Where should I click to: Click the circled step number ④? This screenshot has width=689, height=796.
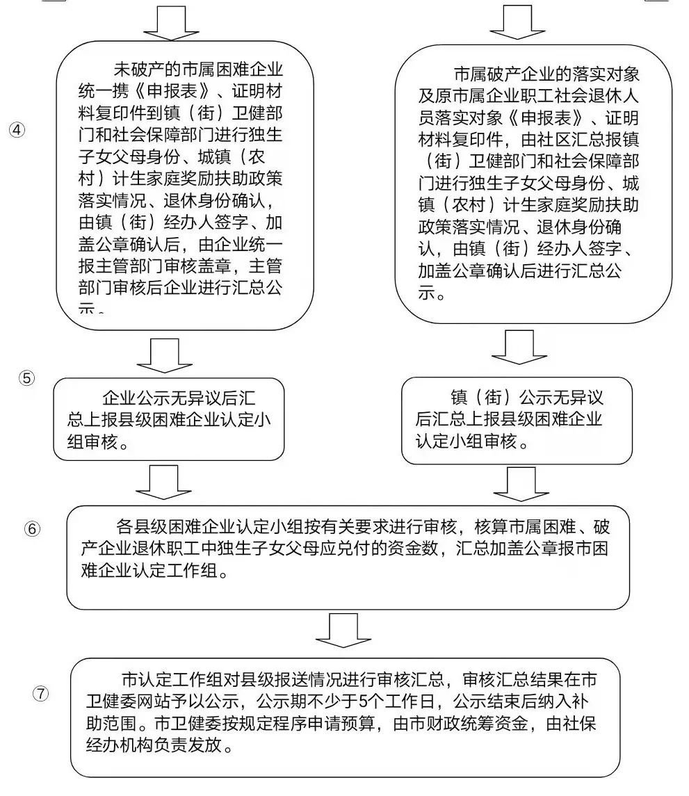point(16,131)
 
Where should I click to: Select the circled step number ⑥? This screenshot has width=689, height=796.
point(32,528)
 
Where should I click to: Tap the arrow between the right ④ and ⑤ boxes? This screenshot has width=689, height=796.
point(515,348)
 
